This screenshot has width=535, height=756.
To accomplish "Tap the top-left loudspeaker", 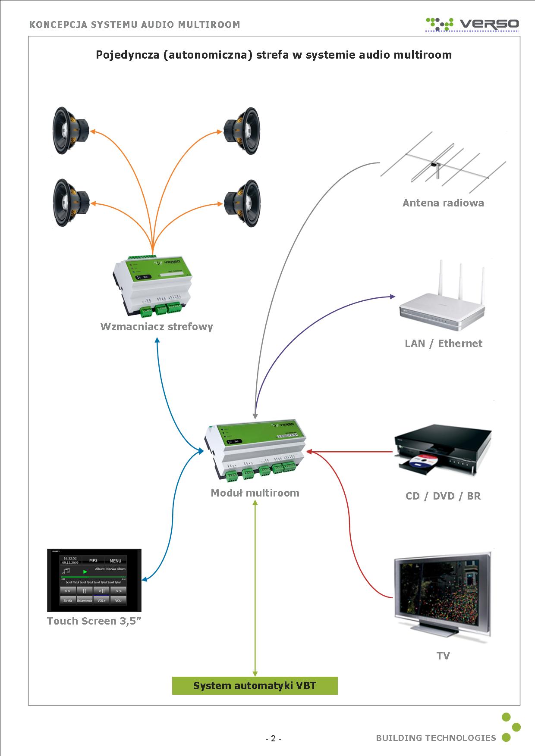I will [70, 131].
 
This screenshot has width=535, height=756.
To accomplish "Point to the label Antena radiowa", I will [443, 203].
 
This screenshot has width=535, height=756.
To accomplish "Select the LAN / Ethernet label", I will [443, 344].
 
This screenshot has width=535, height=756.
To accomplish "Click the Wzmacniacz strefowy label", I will [157, 326].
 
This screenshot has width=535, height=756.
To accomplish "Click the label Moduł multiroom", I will [255, 493].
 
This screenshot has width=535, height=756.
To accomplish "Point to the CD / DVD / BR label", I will [443, 496].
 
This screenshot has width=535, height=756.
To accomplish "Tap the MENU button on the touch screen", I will [115, 561].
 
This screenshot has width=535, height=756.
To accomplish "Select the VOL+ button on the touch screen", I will [101, 600].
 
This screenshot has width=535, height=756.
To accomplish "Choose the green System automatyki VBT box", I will [255, 686].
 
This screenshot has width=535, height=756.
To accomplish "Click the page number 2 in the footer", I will [273, 738].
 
